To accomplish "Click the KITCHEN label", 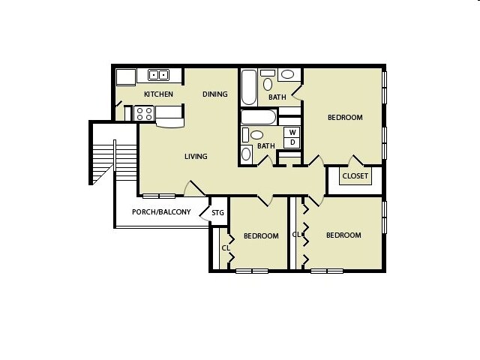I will pos(158,94).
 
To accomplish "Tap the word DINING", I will pos(215,94).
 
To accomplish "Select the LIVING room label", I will pos(196,157).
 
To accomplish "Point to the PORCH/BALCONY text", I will pos(160,212).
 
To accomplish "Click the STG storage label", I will pos(217,213).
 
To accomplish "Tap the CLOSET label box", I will pos(355,176).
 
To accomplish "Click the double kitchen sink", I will pos(158,74).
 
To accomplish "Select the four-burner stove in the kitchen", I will pos(144,114).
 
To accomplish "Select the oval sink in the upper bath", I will pos(286,75).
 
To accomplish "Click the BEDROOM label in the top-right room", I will pos(345,118).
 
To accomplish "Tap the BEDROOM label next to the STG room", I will pos(261,236).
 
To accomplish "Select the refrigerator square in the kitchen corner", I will pos(124,76).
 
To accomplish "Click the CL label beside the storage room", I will pos(225,248).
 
